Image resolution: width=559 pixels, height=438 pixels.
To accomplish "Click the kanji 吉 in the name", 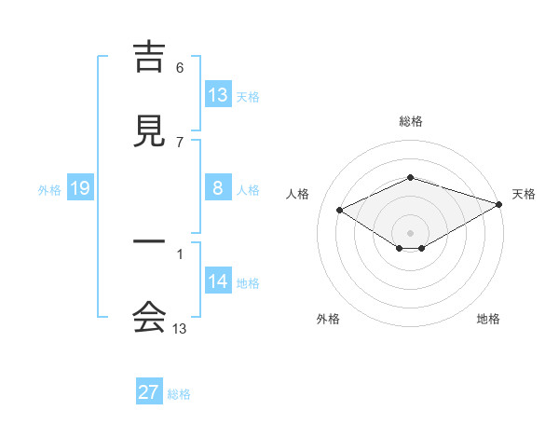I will point(149,59).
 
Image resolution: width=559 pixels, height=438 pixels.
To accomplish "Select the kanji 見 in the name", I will point(149,132).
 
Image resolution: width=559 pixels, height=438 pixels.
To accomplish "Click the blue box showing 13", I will point(218,95).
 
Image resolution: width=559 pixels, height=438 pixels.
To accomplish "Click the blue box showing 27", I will point(149,392).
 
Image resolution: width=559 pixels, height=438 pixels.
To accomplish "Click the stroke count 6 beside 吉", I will point(180,68).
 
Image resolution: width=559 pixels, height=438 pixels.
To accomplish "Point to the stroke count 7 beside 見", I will point(180,142).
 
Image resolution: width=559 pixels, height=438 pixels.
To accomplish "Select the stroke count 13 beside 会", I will point(180,328).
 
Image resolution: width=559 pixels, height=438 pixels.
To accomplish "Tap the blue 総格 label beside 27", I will point(179,394).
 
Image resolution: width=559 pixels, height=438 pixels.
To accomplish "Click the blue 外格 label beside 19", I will point(49,190).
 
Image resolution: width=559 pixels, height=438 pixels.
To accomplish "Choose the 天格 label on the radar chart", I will point(524,194).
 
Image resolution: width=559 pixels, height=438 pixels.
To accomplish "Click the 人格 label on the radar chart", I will point(298,194).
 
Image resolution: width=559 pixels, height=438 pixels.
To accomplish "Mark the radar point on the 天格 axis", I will point(500,202).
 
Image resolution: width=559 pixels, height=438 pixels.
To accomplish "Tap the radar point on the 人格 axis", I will point(340,210).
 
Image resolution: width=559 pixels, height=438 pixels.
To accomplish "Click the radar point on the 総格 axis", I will point(410,177).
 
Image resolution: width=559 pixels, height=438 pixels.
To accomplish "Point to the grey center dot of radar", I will point(410,232).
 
